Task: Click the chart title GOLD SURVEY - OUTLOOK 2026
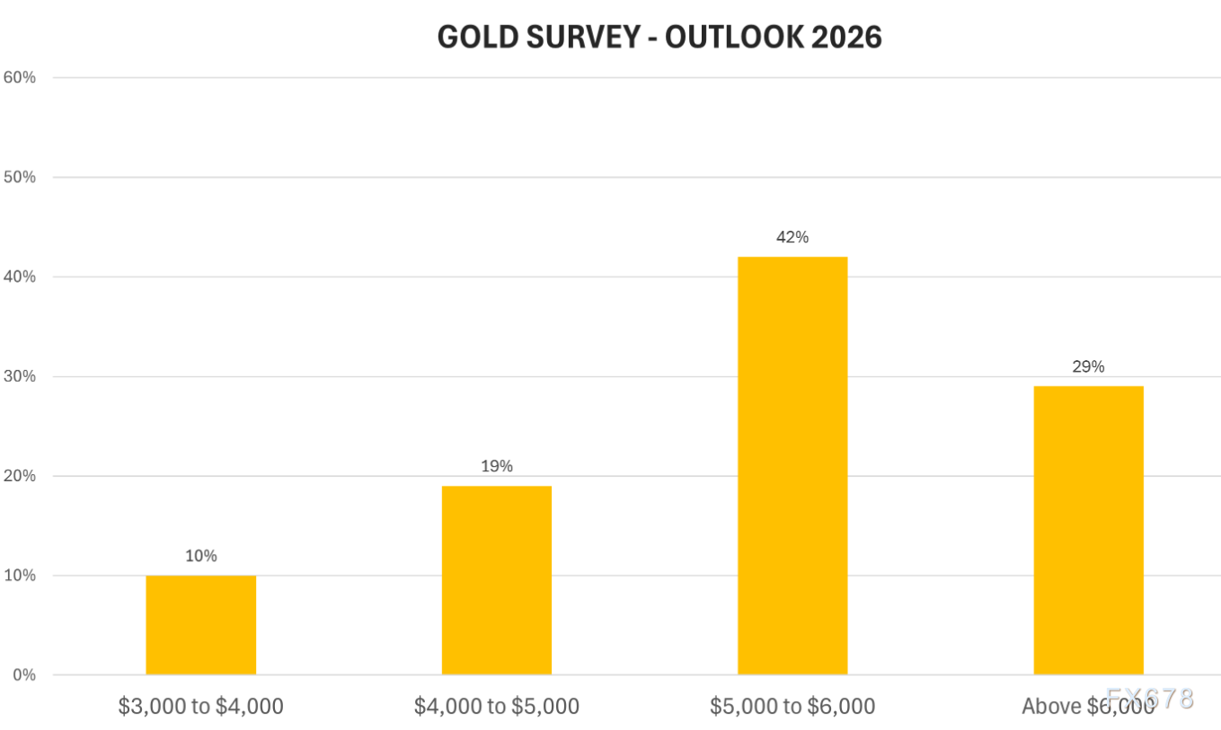[659, 37]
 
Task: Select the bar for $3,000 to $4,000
[200, 625]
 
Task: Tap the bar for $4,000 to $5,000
[496, 580]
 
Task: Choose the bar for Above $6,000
[1088, 530]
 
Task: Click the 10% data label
[200, 556]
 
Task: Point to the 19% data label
[496, 466]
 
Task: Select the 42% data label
[792, 237]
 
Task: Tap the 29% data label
[1088, 366]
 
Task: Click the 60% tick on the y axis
[20, 77]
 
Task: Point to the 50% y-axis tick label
[20, 177]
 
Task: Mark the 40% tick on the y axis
[20, 277]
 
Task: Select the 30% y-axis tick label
[20, 376]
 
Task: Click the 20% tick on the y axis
[20, 476]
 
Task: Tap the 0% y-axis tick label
[23, 675]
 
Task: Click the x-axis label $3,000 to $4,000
[200, 707]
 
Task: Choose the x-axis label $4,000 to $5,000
[496, 707]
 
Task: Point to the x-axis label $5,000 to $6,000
[792, 707]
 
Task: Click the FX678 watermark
[1150, 699]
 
